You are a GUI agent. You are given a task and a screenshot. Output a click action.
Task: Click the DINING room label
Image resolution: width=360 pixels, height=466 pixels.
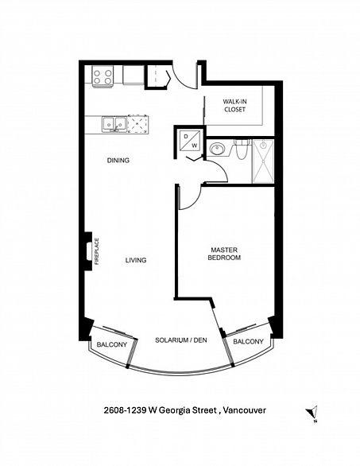click(x=118, y=160)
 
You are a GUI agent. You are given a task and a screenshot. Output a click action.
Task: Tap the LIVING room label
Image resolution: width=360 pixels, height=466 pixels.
click(x=136, y=260)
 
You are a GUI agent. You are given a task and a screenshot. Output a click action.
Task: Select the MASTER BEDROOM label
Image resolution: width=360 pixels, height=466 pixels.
click(x=224, y=254)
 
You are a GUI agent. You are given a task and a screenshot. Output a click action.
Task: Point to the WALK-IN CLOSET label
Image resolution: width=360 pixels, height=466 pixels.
click(x=234, y=106)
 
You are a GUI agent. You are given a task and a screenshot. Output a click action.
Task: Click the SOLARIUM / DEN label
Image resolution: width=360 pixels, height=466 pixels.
click(x=181, y=340)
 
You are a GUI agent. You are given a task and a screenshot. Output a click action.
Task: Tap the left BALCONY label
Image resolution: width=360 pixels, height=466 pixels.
click(x=112, y=344)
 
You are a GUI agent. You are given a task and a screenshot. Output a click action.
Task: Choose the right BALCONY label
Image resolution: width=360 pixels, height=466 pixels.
click(x=248, y=341)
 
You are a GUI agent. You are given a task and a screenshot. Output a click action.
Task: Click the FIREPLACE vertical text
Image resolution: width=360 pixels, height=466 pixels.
click(x=96, y=251)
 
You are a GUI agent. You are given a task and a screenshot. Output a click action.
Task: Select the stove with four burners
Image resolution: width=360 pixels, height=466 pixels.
click(x=103, y=76)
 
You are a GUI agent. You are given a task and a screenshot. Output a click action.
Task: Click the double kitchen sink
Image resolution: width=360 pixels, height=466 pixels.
click(x=114, y=124)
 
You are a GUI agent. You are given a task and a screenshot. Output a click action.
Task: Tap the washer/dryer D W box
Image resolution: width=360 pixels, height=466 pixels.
click(x=190, y=141)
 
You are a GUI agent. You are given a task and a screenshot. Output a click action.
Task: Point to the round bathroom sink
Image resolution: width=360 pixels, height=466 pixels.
click(x=218, y=148)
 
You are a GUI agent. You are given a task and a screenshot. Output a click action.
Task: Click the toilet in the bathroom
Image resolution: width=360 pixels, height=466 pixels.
click(x=241, y=150)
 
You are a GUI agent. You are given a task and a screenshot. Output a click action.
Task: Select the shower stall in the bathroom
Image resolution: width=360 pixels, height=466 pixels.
click(x=263, y=161)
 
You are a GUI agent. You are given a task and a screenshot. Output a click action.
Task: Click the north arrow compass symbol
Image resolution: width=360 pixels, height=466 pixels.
click(x=312, y=413)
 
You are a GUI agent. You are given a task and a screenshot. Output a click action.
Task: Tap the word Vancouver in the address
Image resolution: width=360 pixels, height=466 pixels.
click(x=245, y=410)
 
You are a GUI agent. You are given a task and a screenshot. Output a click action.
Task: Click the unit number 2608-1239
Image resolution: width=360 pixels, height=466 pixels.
click(x=125, y=410)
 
